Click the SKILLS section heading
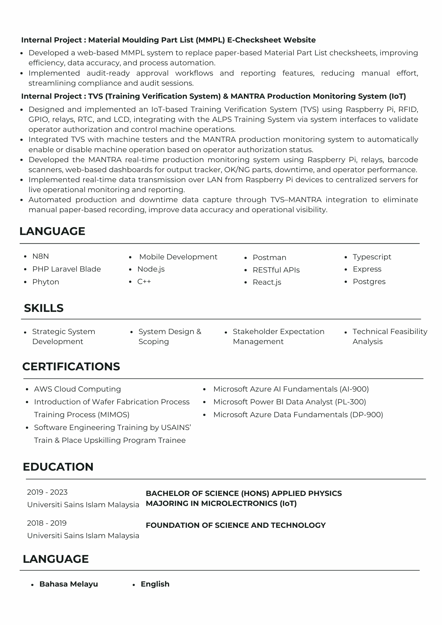click(44, 308)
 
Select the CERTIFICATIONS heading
click(71, 367)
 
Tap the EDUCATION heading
click(58, 467)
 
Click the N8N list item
click(41, 256)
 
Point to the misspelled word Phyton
click(46, 282)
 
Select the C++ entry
click(144, 282)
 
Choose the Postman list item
click(269, 257)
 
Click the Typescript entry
click(372, 257)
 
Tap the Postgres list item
click(369, 282)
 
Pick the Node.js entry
click(151, 269)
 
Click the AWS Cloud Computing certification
click(77, 389)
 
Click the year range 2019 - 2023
click(47, 492)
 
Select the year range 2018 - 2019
click(47, 523)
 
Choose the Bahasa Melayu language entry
click(69, 584)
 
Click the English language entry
click(155, 584)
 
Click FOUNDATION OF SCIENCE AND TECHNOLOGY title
click(236, 525)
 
